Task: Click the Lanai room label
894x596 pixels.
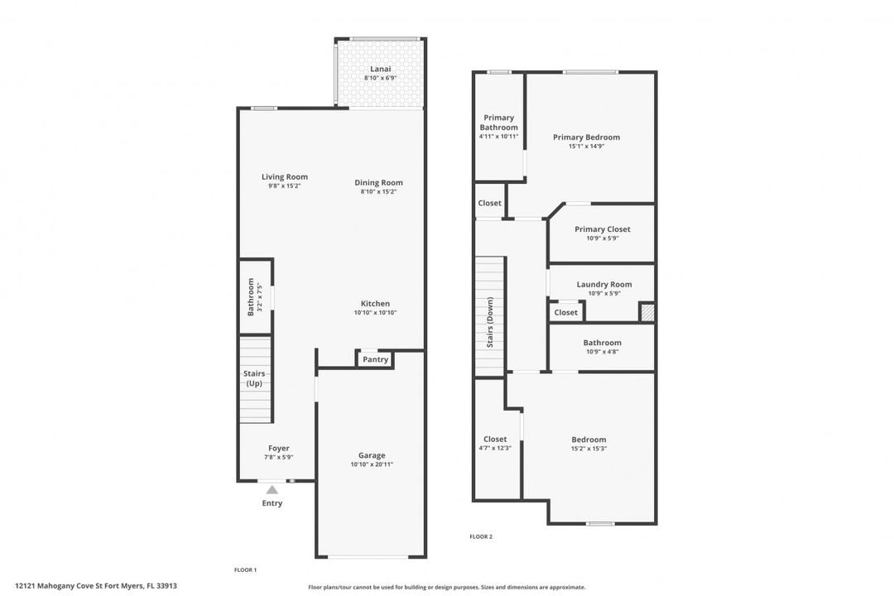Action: click(x=380, y=69)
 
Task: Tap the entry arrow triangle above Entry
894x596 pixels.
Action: click(x=272, y=489)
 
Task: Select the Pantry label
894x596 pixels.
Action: click(x=375, y=359)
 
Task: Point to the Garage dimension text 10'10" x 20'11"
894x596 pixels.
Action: click(x=372, y=464)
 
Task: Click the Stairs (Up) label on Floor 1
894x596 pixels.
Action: click(x=254, y=378)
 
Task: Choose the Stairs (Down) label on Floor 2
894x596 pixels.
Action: click(x=490, y=322)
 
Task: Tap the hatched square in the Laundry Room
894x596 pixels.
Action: click(x=646, y=313)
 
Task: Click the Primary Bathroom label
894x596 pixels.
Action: click(x=499, y=122)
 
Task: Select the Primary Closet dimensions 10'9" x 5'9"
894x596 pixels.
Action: click(x=603, y=238)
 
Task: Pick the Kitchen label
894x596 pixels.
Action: click(x=375, y=304)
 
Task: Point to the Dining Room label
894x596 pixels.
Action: click(x=378, y=182)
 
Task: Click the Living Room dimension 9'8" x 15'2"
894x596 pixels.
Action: click(x=285, y=186)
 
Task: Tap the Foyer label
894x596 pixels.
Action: click(x=279, y=449)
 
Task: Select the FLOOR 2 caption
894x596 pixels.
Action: click(x=481, y=536)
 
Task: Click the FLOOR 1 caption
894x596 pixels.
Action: click(x=246, y=570)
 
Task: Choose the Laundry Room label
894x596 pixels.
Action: click(x=604, y=284)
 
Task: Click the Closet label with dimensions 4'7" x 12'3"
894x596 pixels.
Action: click(x=495, y=440)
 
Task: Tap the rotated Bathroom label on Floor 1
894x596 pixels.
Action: click(x=251, y=297)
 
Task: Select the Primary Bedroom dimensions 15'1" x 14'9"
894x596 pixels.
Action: click(x=586, y=146)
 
